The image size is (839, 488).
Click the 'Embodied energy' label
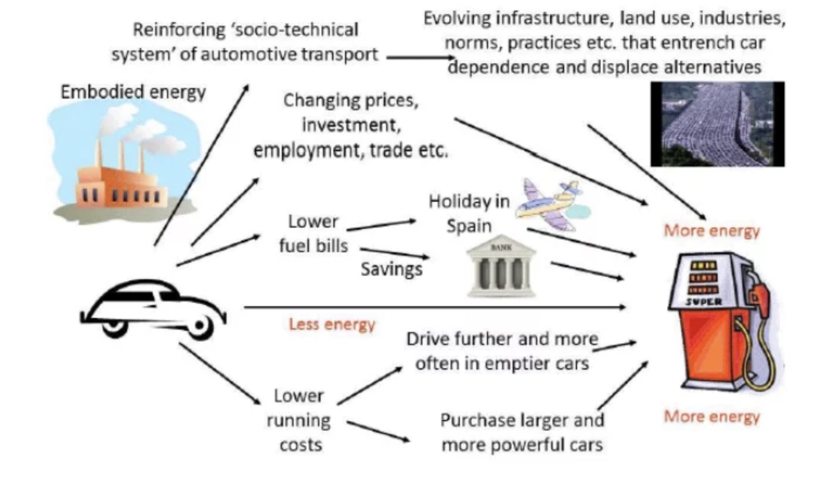[x=133, y=92]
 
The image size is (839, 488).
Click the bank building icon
[x=501, y=269]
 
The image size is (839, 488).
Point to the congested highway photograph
[x=717, y=124]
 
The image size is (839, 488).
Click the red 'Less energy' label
[x=332, y=324]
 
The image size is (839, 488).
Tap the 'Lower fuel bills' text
[x=313, y=233]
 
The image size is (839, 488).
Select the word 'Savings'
[x=391, y=269]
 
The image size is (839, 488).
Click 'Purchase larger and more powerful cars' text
[x=521, y=432]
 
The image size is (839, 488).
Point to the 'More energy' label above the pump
[x=711, y=231]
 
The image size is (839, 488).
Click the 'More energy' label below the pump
[x=711, y=416]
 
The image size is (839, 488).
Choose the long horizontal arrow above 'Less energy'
[x=434, y=307]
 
